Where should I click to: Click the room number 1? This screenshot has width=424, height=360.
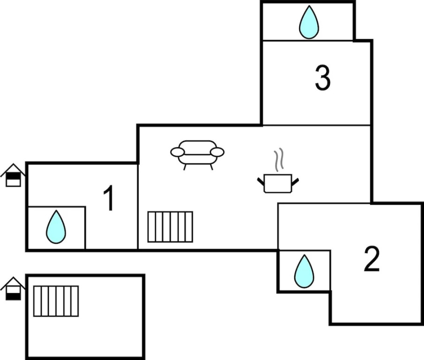109,198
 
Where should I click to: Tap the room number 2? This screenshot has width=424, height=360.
372,259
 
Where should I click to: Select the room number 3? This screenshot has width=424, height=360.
322,78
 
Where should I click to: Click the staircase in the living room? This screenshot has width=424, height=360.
170,227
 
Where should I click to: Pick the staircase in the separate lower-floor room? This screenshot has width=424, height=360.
56,301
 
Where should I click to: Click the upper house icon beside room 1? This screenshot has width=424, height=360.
13,175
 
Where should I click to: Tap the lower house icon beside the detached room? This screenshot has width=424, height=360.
13,288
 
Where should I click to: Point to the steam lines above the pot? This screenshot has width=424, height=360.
279,159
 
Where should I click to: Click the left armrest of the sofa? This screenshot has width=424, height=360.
178,152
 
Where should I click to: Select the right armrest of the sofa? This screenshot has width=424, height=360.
217,152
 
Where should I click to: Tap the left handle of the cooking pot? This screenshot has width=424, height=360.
260,180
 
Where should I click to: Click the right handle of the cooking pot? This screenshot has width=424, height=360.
295,181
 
